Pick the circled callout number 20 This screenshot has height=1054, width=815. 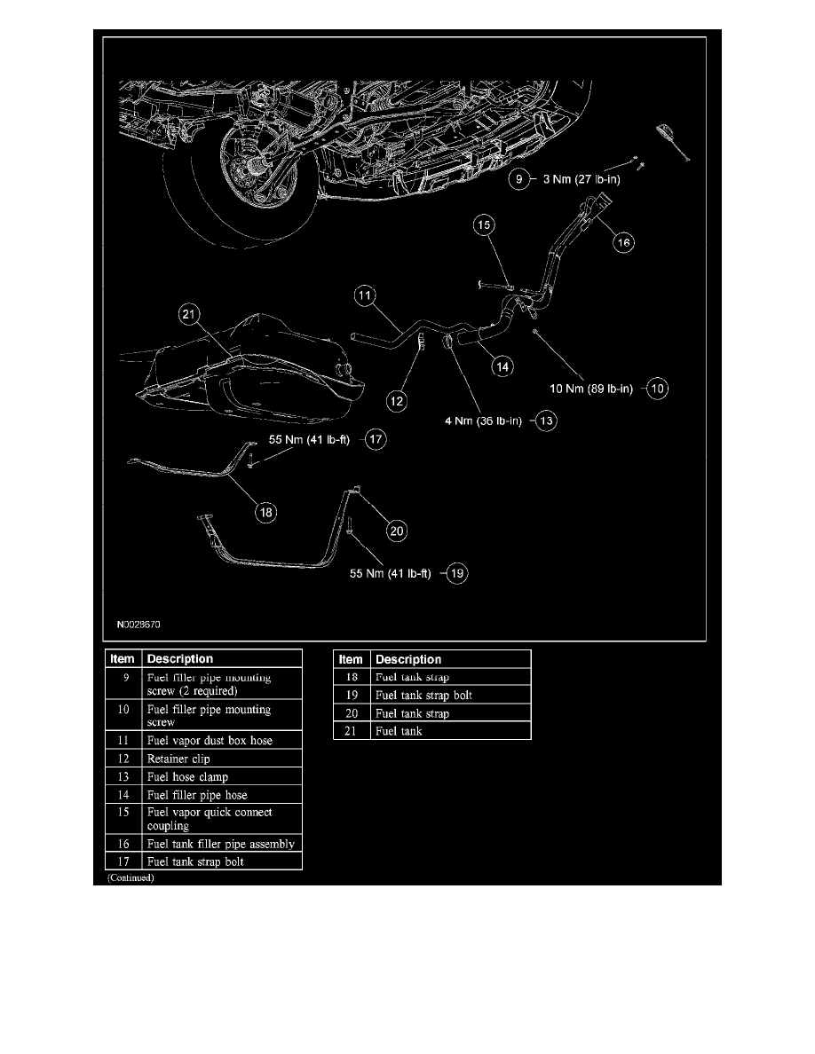pyautogui.click(x=397, y=531)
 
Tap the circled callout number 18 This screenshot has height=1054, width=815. pyautogui.click(x=265, y=511)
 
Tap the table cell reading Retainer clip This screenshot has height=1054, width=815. pyautogui.click(x=178, y=759)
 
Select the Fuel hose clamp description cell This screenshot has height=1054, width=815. pyautogui.click(x=187, y=777)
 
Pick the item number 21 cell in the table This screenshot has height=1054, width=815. pyautogui.click(x=352, y=731)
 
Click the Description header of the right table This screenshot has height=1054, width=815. pyautogui.click(x=408, y=659)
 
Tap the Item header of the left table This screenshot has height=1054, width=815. pyautogui.click(x=123, y=659)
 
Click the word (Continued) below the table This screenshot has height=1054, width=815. pyautogui.click(x=131, y=877)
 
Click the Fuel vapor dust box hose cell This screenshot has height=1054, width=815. pyautogui.click(x=210, y=740)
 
